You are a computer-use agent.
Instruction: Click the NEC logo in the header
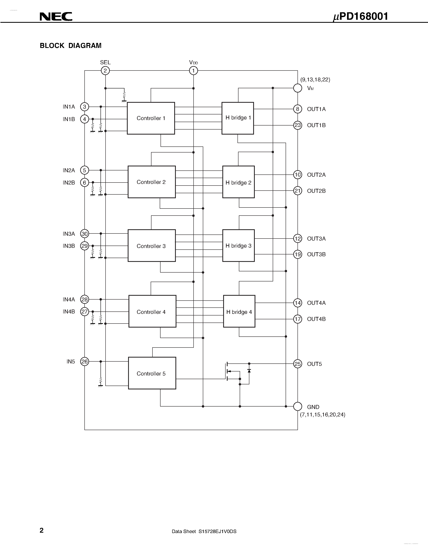coord(56,17)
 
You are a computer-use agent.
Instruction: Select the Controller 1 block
coord(151,118)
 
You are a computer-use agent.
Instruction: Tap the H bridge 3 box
coord(238,246)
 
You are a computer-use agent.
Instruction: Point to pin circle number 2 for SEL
coord(105,71)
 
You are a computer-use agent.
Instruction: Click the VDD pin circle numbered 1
coord(194,71)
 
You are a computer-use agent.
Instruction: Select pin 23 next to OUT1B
coord(297,125)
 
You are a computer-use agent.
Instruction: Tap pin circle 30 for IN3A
coord(84,234)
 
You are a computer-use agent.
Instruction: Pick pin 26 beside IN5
coord(84,361)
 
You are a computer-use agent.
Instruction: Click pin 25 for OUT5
coord(297,364)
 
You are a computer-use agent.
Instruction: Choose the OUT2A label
coord(316,175)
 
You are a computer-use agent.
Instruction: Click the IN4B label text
coord(69,311)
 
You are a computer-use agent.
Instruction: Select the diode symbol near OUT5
coord(249,371)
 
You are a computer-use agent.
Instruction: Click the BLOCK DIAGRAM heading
coord(70,46)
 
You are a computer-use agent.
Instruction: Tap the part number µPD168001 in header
coord(360,17)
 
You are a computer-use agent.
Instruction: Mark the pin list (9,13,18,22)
coord(315,80)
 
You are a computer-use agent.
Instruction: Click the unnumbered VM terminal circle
coord(297,88)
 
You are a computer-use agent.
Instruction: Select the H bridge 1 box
coord(238,118)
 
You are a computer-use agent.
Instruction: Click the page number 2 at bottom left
coord(41,530)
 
